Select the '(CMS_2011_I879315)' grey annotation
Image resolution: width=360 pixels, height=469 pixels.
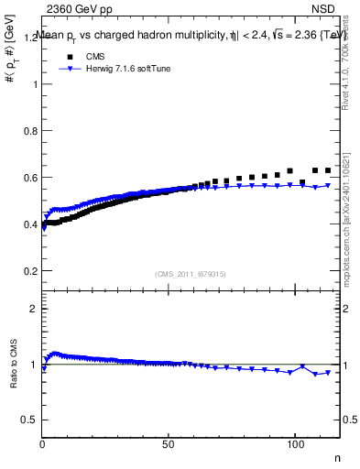tap(190, 273)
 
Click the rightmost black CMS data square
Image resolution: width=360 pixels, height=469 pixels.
tap(327, 170)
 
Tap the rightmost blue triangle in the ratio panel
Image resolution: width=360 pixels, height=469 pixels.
tap(327, 372)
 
